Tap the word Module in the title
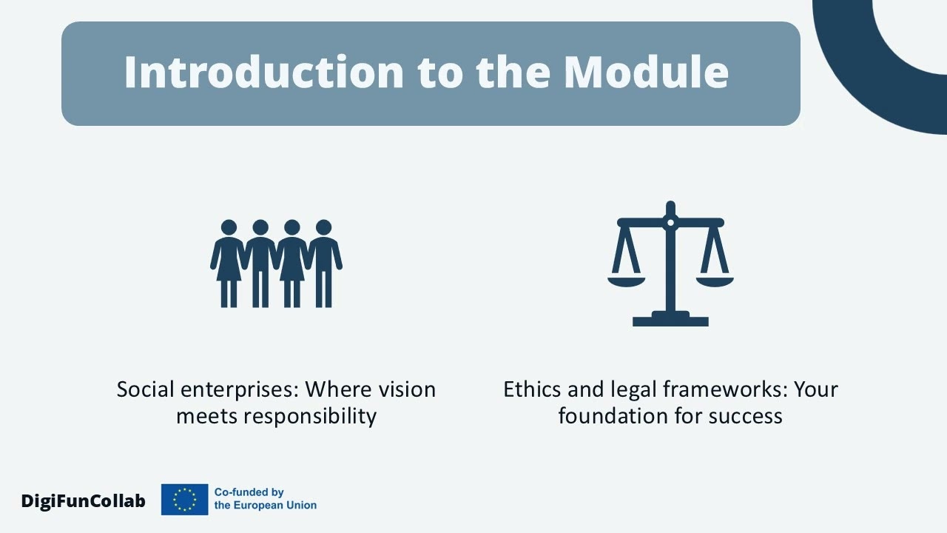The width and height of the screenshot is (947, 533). (646, 72)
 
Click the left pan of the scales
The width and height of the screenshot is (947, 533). (626, 280)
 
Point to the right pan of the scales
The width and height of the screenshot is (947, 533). (715, 280)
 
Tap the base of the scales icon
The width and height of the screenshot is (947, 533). (670, 320)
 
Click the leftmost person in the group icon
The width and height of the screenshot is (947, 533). (229, 263)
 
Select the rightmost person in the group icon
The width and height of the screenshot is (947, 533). (324, 263)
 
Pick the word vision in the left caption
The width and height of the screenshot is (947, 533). (406, 389)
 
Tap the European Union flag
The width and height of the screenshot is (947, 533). (184, 500)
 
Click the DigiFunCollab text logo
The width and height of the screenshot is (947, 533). (83, 501)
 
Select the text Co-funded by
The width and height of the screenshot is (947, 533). (249, 492)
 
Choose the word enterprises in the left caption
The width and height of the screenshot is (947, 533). (239, 389)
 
